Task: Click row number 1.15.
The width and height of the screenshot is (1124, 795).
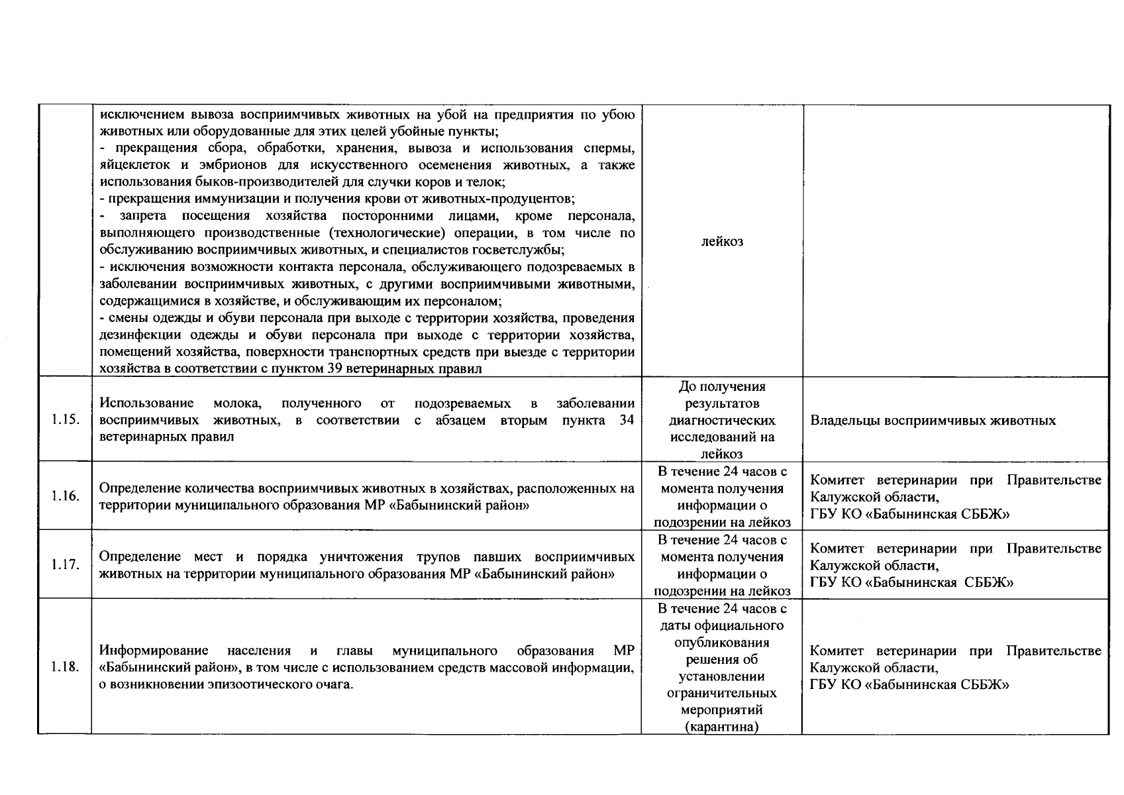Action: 65,420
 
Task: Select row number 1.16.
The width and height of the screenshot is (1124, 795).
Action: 65,496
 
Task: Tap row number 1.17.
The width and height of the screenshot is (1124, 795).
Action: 65,565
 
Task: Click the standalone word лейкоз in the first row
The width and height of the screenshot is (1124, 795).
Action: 722,241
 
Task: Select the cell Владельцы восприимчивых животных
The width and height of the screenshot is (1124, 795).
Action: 933,421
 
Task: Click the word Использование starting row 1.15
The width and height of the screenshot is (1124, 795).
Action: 146,403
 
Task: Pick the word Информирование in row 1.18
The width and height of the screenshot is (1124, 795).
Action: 154,651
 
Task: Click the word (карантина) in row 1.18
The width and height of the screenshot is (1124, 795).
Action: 722,727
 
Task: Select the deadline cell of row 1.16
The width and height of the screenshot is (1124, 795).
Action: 722,496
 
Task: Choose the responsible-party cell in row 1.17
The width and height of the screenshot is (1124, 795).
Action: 955,565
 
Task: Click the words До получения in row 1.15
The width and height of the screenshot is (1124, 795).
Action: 722,386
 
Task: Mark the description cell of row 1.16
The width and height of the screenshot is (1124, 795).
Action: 366,496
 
